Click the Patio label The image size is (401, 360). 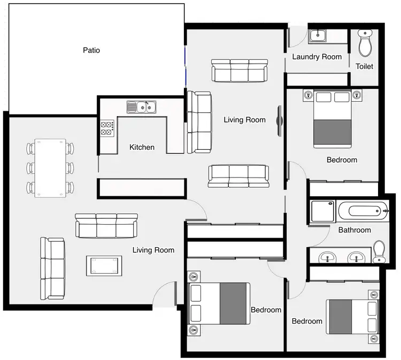point(91,50)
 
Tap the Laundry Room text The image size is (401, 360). point(317,57)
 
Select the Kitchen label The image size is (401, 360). point(142,147)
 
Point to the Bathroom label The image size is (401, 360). point(354,230)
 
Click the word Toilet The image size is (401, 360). point(365,67)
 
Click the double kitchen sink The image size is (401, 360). point(141,107)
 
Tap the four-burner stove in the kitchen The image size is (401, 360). point(107,127)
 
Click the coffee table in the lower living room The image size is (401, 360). point(104,265)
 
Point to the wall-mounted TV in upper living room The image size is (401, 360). point(279,120)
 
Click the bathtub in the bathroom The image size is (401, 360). point(363,211)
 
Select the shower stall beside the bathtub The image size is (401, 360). point(322,211)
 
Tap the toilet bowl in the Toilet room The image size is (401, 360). point(365,43)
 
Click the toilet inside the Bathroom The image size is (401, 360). point(379,251)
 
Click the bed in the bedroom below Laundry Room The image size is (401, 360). point(332,119)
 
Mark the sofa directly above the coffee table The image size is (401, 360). point(106,225)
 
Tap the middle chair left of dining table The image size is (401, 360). point(30,168)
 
